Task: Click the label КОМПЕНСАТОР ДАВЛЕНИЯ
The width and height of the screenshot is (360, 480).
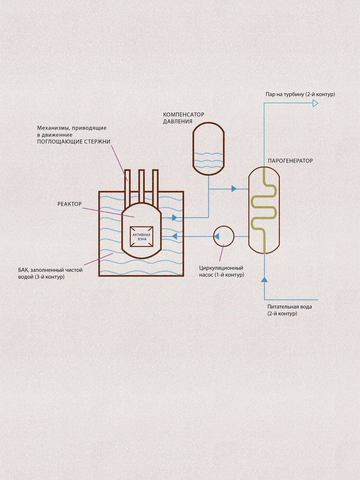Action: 183,118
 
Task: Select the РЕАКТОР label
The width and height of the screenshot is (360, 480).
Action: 69,204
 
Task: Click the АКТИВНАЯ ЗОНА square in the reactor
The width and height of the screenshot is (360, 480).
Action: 141,236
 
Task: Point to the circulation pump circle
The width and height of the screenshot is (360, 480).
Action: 224,236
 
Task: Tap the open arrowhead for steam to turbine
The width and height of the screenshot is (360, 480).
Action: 315,103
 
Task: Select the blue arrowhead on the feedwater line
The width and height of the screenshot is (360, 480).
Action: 264,280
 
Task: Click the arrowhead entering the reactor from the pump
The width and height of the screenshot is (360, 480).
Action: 174,236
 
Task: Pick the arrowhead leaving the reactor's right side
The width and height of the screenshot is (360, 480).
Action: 174,218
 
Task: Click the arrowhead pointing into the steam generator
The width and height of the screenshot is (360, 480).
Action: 234,189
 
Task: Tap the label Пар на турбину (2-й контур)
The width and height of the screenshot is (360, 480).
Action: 300,95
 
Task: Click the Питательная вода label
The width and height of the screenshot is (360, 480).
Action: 290,307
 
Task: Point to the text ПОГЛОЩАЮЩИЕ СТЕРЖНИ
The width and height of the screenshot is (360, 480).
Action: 74,142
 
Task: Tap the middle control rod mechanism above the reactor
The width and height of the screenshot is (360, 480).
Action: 141,184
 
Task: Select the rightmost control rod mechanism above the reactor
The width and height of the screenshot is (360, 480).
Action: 155,184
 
